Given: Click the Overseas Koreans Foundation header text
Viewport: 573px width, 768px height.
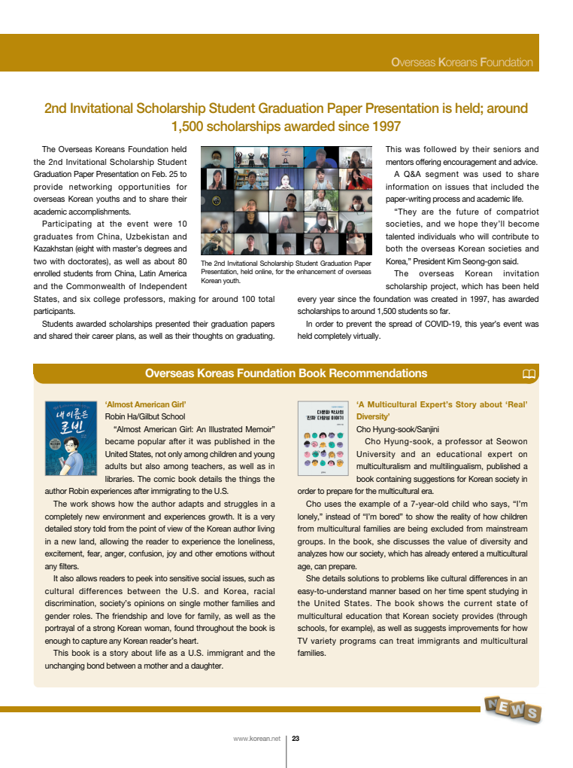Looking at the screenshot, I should [462, 62].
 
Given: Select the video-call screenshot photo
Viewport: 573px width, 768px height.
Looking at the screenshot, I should [286, 200].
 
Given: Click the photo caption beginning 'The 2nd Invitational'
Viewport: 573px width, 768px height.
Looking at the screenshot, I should [286, 271].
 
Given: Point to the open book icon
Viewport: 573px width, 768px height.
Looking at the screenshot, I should [529, 374].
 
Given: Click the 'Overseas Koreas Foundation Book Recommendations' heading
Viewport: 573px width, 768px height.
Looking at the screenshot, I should [286, 373].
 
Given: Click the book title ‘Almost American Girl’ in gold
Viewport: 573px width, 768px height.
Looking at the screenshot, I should [145, 404].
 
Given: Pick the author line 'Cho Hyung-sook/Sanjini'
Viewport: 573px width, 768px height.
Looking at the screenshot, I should [398, 429].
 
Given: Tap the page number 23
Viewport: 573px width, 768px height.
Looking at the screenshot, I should [296, 739].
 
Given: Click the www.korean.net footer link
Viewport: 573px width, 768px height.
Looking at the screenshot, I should [256, 739].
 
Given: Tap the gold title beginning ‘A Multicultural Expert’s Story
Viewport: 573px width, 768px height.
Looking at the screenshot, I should [441, 410].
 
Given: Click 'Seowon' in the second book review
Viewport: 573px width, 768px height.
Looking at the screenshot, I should [512, 441].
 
